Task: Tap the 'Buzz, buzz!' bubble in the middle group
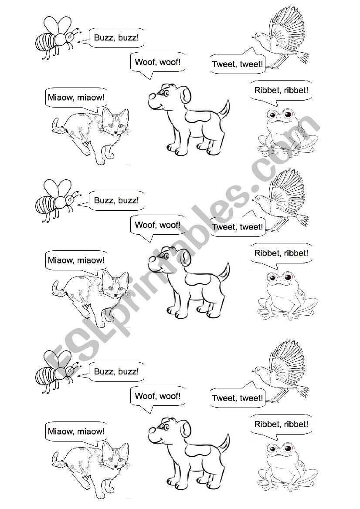pyautogui.click(x=116, y=201)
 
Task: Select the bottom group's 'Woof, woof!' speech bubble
pyautogui.click(x=157, y=396)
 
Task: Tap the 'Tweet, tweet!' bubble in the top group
pyautogui.click(x=238, y=64)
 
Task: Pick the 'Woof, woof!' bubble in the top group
pyautogui.click(x=157, y=62)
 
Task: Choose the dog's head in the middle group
pyautogui.click(x=168, y=259)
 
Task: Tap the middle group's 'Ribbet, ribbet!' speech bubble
pyautogui.click(x=281, y=253)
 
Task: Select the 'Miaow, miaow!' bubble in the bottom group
pyautogui.click(x=76, y=431)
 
